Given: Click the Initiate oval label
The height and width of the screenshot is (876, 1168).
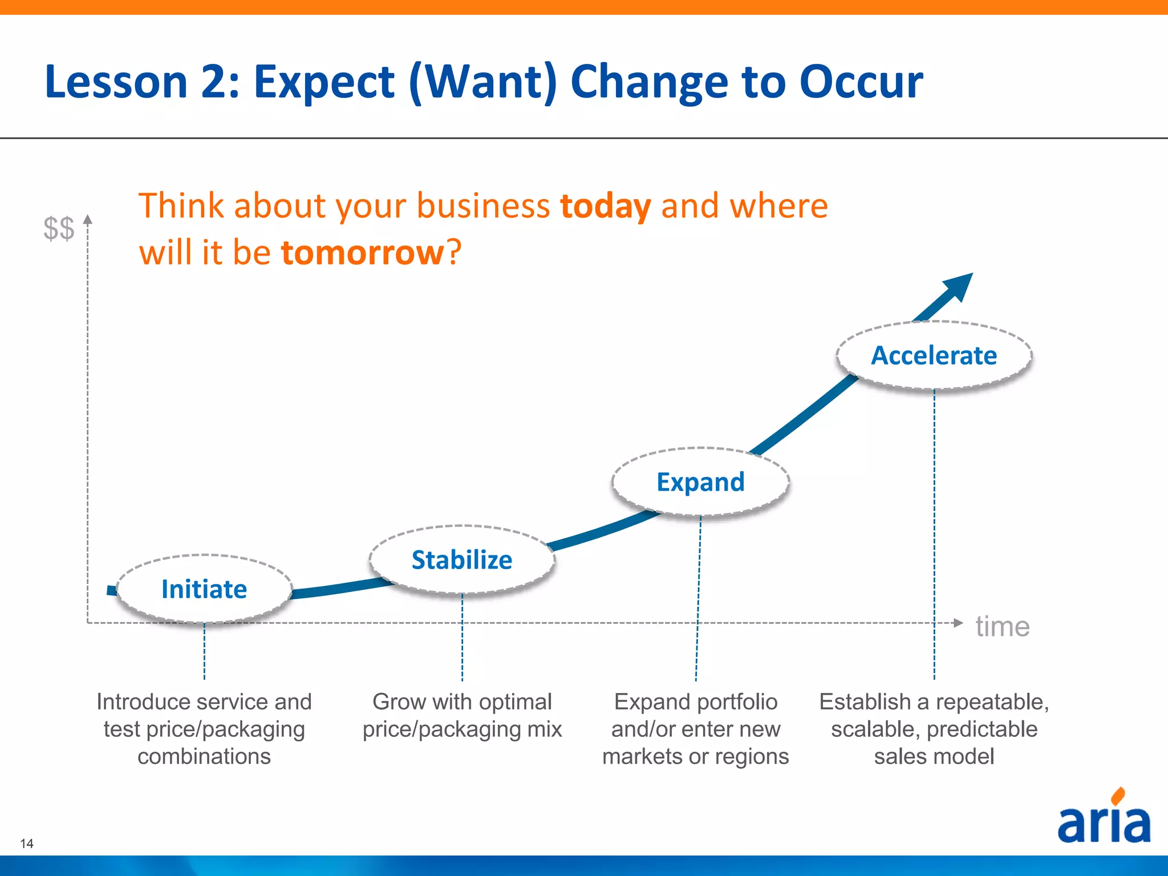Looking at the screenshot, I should pos(204,589).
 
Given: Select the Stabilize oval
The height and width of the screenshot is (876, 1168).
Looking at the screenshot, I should pos(462,559).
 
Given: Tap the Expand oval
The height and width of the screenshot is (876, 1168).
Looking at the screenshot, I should pos(700,482).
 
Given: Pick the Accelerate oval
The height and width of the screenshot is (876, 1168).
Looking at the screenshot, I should pos(934,355).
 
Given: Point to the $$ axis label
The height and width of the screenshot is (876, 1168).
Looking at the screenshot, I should pos(59,228).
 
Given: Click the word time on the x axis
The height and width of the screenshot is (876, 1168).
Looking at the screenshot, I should pos(1002,626).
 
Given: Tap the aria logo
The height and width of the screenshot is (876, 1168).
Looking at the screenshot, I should pos(1104,818).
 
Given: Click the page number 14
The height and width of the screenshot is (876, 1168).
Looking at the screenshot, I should pos(27,843).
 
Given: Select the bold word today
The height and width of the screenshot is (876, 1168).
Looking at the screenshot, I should pos(605,206).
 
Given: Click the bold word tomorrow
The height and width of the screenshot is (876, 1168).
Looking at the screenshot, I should pos(362,252).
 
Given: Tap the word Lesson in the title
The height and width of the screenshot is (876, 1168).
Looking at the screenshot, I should pos(116,82).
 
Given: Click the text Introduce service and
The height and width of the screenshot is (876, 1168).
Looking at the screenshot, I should pos(204,701).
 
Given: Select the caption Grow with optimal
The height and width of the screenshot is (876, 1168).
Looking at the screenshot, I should pos(462,701).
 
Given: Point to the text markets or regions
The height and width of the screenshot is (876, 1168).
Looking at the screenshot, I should pos(695,756).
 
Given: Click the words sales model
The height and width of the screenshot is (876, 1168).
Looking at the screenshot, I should pos(934,756).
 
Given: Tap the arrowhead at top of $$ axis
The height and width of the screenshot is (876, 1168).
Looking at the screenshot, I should pos(88,219).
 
